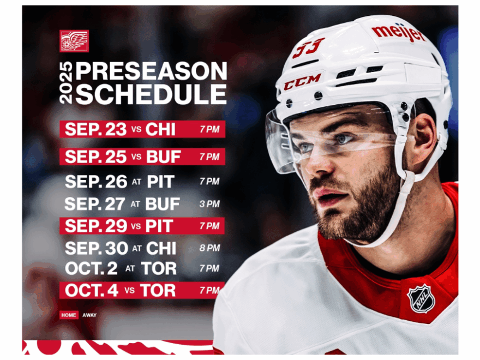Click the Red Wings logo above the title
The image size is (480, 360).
(74, 41)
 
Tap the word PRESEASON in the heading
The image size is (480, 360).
(151, 71)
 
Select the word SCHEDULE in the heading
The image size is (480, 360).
(151, 94)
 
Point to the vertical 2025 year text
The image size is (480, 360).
(67, 83)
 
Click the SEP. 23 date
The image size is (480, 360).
(95, 129)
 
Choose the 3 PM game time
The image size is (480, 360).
(209, 204)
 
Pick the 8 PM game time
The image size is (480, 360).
(209, 248)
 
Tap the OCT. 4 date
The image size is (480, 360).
(92, 290)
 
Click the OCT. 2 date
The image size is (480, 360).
(92, 268)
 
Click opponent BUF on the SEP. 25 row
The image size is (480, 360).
(163, 157)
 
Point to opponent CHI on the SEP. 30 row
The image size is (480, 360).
(161, 249)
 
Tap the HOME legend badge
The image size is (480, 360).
(69, 315)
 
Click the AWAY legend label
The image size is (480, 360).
(89, 315)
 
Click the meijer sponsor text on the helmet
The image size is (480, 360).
(399, 33)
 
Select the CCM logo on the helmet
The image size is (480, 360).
(302, 82)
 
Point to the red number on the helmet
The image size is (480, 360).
(308, 47)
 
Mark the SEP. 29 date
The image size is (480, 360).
(95, 226)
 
